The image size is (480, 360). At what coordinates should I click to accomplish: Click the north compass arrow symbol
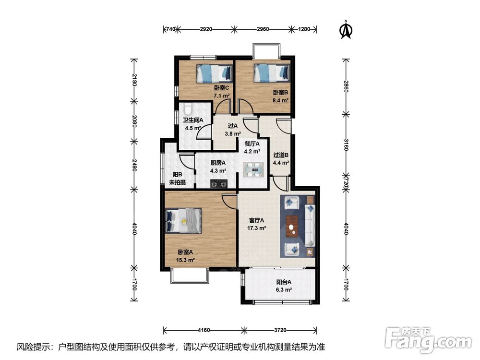(347, 30)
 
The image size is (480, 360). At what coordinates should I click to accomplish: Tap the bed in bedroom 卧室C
(214, 73)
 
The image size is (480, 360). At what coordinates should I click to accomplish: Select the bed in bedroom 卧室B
(272, 73)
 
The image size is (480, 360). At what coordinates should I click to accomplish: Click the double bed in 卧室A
(183, 220)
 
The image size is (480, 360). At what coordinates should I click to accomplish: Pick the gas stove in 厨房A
(219, 184)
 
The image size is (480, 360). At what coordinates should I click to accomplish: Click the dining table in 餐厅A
(253, 170)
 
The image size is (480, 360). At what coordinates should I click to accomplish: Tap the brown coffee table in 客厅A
(292, 226)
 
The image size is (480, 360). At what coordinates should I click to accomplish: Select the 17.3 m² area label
(256, 228)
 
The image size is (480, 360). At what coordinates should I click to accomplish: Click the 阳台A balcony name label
(284, 282)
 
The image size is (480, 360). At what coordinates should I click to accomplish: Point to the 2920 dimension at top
(206, 29)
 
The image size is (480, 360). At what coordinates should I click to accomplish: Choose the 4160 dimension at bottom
(204, 330)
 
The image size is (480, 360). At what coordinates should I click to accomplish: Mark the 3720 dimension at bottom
(280, 330)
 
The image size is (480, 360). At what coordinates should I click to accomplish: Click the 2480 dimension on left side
(133, 165)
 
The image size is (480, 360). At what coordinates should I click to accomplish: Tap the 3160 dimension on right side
(346, 144)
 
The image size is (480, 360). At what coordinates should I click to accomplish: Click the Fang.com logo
(428, 338)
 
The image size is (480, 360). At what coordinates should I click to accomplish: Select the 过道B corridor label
(281, 155)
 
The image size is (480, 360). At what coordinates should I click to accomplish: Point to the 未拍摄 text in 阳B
(178, 182)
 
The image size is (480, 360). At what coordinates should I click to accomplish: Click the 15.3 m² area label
(185, 260)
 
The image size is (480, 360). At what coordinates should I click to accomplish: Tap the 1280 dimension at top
(304, 29)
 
